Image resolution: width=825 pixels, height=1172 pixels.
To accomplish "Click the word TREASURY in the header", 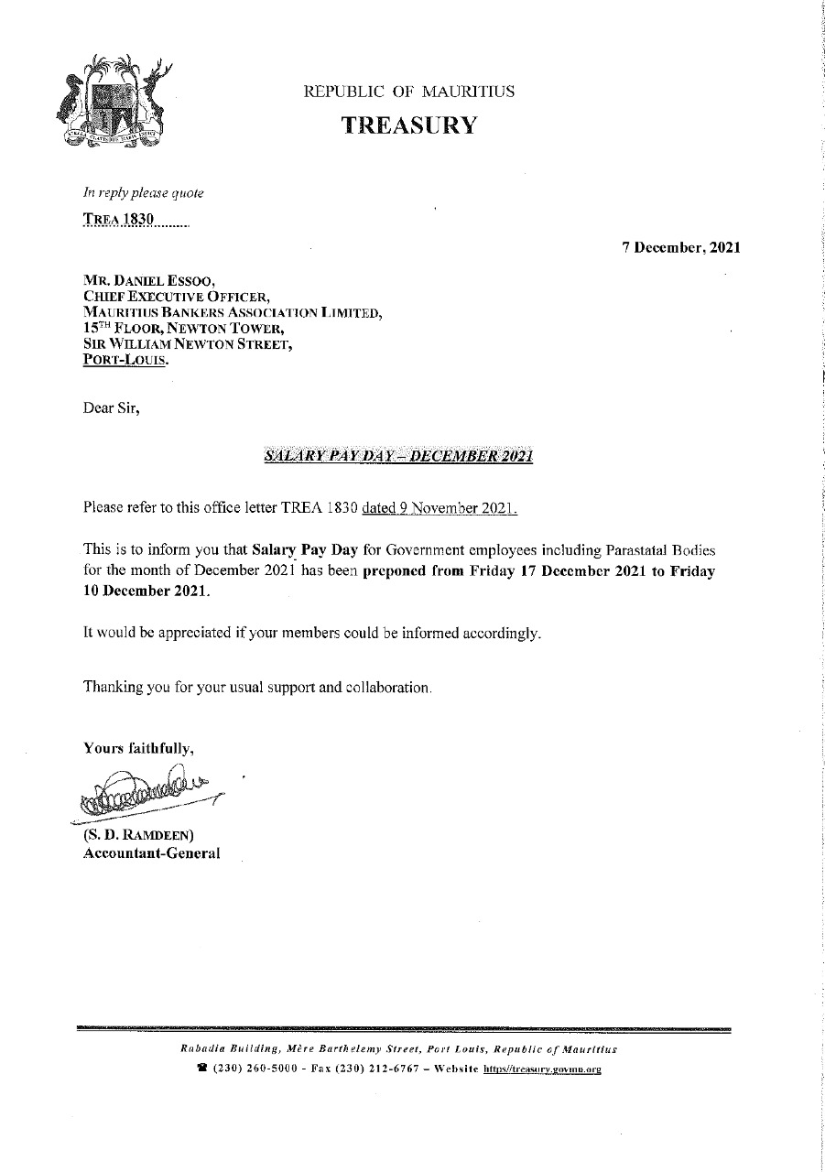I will pos(409,125).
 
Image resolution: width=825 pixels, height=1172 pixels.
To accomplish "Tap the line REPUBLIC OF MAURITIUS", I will pos(408,92).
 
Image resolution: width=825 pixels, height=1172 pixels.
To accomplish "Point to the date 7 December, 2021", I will pos(680,247).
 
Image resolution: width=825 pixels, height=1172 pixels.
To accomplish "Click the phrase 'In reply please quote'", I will pos(143,193).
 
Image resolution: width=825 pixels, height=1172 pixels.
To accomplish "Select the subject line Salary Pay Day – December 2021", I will pos(397,456).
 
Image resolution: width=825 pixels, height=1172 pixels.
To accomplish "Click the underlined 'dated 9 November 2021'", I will pos(440,506).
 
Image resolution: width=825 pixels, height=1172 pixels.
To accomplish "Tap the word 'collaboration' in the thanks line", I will pos(385,686).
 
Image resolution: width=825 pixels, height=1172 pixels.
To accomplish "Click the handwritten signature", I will pos(147,789).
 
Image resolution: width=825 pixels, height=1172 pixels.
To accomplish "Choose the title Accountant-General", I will pos(152,853).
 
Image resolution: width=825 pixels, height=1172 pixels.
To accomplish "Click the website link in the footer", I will pos(548,1069).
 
